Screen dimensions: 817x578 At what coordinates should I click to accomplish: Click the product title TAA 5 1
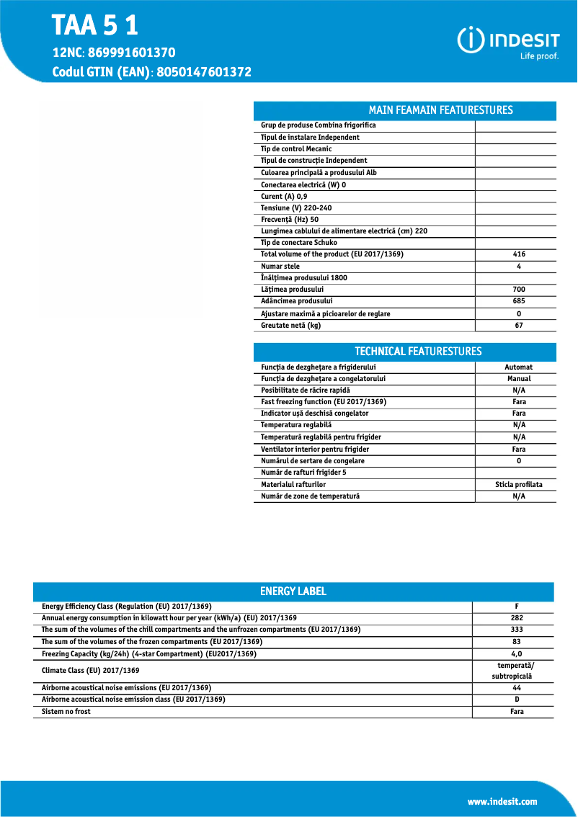(x=94, y=27)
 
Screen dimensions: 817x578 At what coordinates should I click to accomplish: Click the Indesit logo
(x=509, y=42)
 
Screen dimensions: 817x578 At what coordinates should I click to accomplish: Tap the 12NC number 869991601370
(x=132, y=53)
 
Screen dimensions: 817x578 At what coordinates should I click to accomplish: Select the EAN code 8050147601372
(x=203, y=72)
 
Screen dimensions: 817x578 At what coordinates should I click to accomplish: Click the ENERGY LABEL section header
(x=293, y=591)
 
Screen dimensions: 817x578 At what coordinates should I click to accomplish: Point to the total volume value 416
(x=519, y=254)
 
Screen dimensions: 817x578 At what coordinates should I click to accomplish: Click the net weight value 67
(x=519, y=326)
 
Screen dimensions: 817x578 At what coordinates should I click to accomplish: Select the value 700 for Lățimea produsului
(x=519, y=290)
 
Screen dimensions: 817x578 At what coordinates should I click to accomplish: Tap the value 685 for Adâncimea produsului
(x=519, y=301)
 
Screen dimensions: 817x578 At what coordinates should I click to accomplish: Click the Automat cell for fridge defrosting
(x=518, y=367)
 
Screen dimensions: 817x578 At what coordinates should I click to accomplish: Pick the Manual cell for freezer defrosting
(x=518, y=378)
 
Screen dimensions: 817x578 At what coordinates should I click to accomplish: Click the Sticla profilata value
(x=518, y=485)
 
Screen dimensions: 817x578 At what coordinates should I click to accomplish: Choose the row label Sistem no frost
(x=66, y=712)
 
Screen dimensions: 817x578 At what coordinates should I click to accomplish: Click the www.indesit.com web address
(x=502, y=801)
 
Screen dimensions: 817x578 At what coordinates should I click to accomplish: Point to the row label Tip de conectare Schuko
(x=298, y=243)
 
